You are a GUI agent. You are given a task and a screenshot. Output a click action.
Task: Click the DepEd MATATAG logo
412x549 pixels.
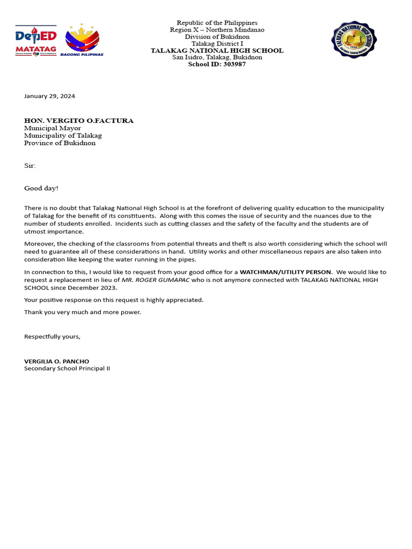click(36, 41)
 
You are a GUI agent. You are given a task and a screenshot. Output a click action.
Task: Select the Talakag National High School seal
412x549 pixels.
click(354, 40)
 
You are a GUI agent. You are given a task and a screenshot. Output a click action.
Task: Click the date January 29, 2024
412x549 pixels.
click(49, 96)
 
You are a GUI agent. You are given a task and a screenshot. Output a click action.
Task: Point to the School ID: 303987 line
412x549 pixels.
click(217, 64)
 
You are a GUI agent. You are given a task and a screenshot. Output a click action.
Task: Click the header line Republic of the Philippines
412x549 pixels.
click(217, 23)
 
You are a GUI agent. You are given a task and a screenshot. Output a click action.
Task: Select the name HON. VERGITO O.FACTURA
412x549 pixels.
click(79, 121)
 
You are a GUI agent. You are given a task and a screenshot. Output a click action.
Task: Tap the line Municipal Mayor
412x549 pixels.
click(53, 128)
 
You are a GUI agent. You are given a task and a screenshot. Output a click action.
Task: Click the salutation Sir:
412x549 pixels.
click(30, 166)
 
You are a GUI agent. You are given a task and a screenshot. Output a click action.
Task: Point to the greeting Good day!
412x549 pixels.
click(41, 188)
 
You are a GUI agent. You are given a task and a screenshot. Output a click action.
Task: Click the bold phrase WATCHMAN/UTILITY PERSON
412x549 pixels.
click(285, 272)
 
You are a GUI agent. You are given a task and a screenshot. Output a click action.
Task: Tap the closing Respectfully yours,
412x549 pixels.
click(52, 336)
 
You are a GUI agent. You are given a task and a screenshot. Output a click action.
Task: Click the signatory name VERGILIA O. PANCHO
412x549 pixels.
click(57, 361)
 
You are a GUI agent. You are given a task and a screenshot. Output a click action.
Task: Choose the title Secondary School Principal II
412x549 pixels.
click(67, 368)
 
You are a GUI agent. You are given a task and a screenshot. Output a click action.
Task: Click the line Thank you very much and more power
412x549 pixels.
click(83, 312)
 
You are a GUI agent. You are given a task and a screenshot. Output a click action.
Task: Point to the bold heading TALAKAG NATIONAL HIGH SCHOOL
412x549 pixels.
click(217, 50)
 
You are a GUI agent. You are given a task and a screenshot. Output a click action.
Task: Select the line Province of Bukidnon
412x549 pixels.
click(60, 143)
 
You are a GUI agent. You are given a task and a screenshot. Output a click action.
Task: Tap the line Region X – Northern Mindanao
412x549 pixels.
click(217, 29)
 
